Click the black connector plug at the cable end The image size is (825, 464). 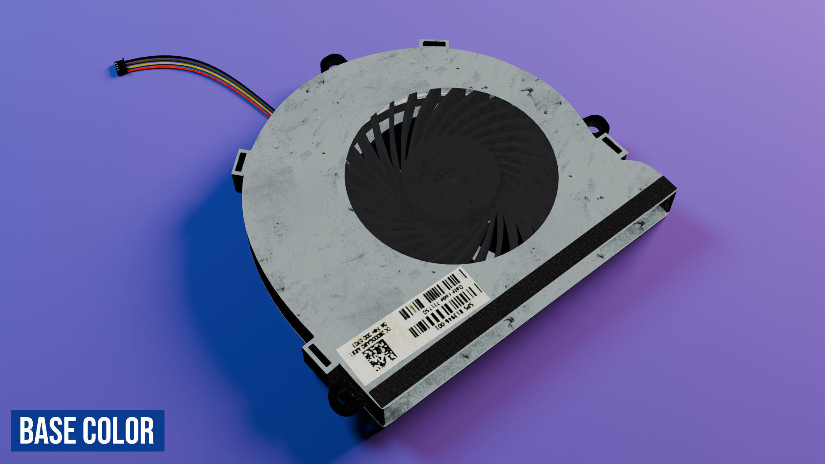click(x=120, y=68)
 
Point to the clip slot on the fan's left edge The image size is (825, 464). click(x=239, y=165)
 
